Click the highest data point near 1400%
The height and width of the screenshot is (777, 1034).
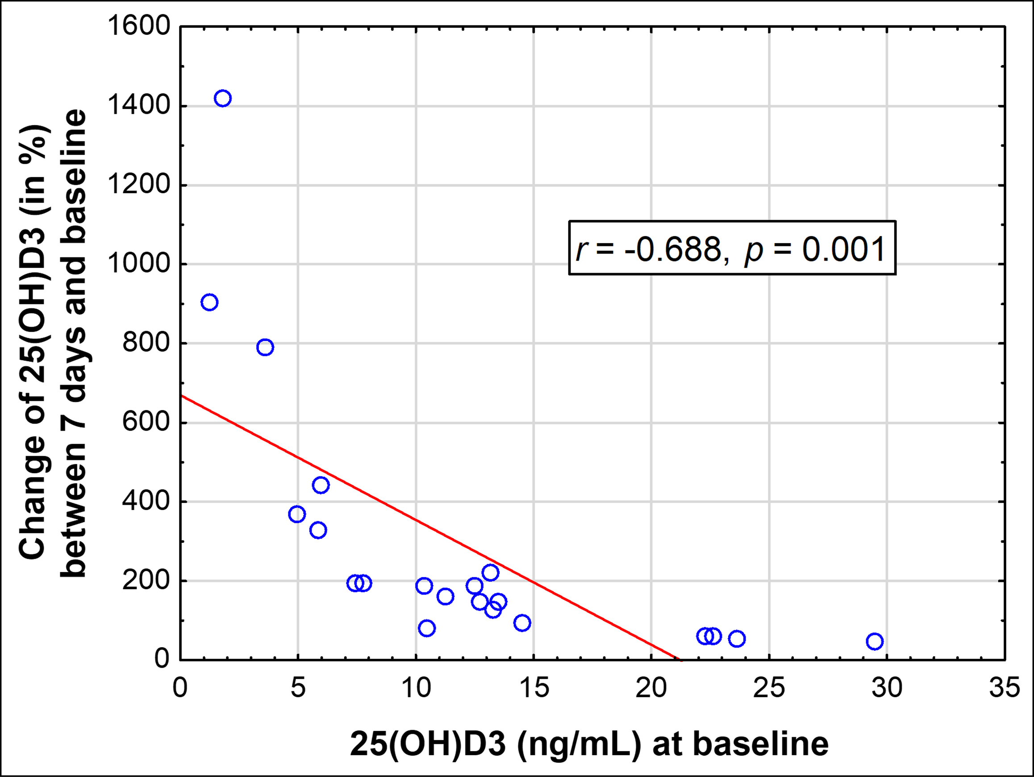click(222, 99)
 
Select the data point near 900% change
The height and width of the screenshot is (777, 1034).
click(209, 302)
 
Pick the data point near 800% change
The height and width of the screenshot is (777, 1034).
click(265, 347)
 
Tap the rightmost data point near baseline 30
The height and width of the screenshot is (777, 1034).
click(875, 641)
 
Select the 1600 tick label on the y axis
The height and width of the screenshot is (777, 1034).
click(139, 26)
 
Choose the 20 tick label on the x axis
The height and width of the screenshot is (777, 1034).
click(651, 688)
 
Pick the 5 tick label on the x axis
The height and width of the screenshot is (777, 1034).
click(298, 688)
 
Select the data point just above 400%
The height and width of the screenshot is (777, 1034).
click(321, 485)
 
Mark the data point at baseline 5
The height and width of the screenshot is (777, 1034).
click(297, 515)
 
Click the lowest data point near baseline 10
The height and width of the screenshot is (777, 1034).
click(427, 628)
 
